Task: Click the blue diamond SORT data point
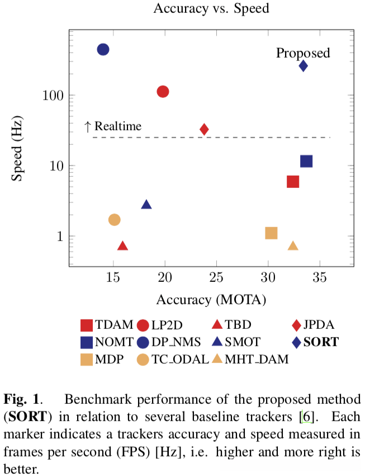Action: (303, 66)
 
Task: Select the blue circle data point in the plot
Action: (103, 49)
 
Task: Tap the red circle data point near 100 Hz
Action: (163, 91)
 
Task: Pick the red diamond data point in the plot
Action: (204, 129)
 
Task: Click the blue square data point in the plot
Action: (306, 161)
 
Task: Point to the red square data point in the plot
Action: (292, 181)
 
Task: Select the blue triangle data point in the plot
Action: (146, 205)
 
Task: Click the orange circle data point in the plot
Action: (114, 219)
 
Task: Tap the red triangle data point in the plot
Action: (123, 246)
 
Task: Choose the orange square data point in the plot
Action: (271, 233)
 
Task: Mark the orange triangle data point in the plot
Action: (293, 246)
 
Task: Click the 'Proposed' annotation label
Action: (303, 53)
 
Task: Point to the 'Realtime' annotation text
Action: (118, 126)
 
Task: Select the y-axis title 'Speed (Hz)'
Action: (18, 149)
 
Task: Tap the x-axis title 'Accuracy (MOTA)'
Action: (211, 299)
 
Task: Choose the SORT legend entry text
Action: (321, 341)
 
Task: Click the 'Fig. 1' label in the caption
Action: (22, 399)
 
